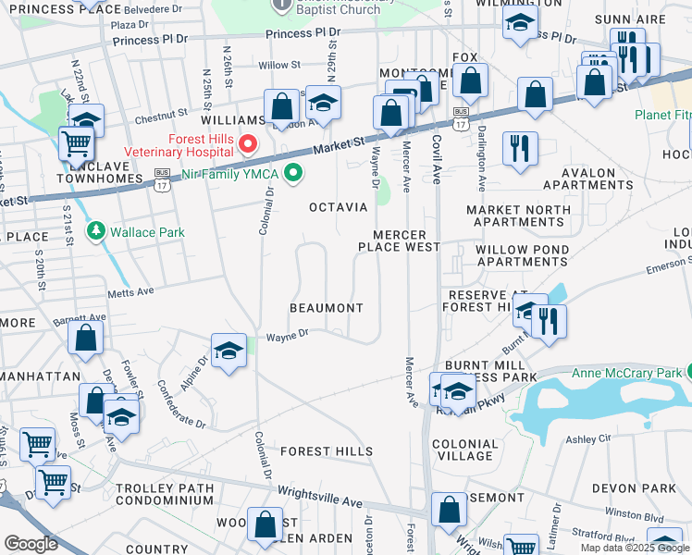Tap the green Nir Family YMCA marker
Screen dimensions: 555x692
pos(294,172)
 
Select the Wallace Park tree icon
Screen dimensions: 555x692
pos(95,230)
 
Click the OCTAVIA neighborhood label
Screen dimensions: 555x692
pos(338,207)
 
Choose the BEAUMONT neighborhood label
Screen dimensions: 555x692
pos(326,307)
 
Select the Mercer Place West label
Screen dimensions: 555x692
pos(399,240)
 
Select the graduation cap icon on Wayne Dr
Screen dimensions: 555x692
pos(229,351)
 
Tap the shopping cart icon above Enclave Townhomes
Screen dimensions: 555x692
pos(76,143)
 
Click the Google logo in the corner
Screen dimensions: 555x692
pos(31,544)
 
